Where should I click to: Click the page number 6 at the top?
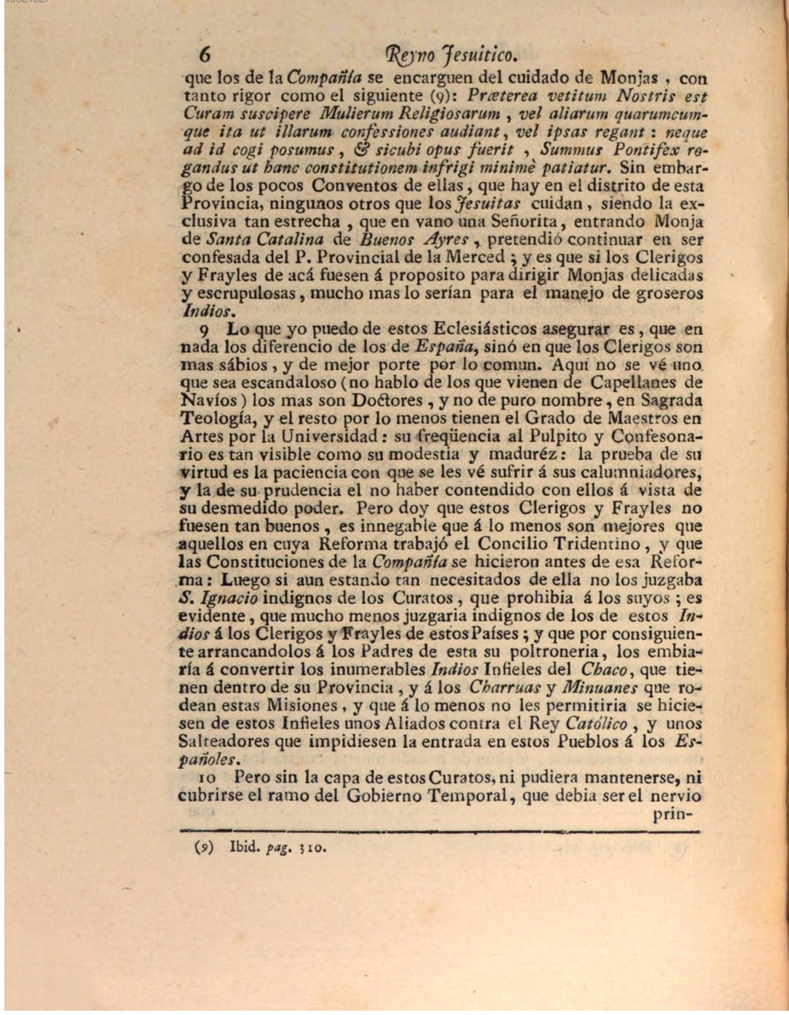point(204,54)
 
